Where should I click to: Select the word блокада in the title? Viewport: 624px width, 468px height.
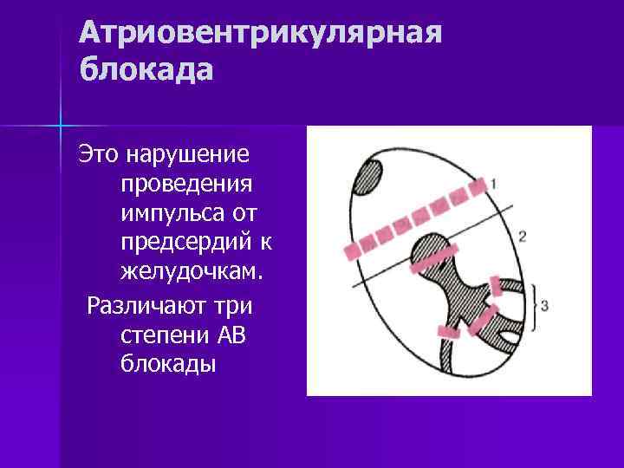145,69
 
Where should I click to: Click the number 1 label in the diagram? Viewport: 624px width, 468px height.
493,183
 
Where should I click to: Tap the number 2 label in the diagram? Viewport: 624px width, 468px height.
522,236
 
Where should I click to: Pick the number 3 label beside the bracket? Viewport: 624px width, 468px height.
543,305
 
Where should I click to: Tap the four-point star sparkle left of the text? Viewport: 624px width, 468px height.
61,127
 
